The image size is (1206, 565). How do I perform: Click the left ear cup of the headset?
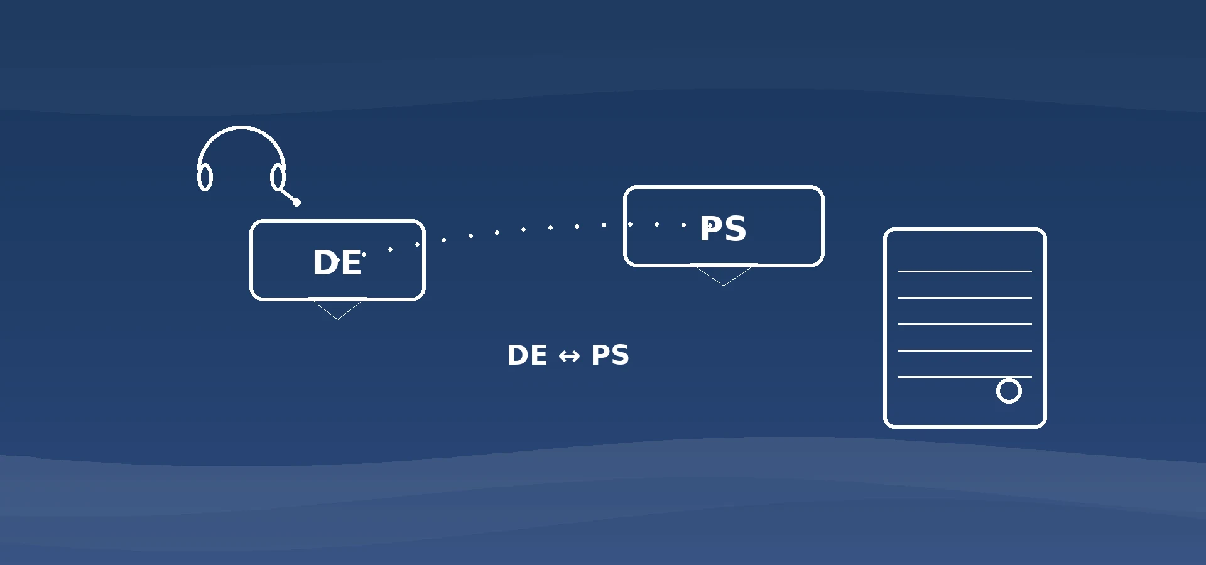coord(205,178)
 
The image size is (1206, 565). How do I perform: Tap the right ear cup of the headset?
coord(278,177)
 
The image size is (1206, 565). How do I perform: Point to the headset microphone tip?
coord(297,202)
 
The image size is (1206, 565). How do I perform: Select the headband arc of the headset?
coord(241,129)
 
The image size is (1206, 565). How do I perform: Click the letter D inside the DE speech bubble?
coord(325,262)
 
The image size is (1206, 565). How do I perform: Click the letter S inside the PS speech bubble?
coord(735,229)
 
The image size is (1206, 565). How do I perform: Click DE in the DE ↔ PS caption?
coord(527,355)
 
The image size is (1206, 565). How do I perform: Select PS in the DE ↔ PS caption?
coord(610,355)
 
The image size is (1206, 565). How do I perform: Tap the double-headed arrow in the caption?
coord(569,357)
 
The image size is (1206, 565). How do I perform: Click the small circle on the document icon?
coord(1009,390)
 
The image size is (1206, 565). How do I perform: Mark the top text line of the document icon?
coord(965,271)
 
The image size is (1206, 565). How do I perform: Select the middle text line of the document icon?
coord(965,324)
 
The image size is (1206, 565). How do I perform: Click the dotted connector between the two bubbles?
coord(523,230)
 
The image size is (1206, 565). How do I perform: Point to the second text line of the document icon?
coord(965,298)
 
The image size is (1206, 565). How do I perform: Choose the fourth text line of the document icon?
coord(965,350)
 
